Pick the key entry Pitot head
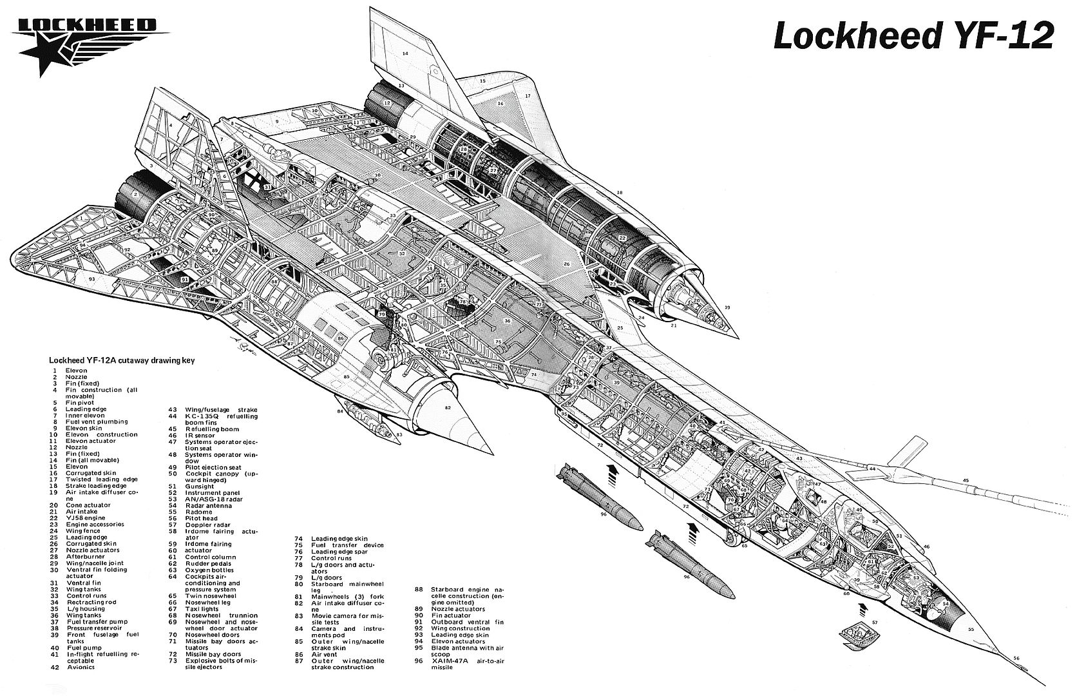tap(202, 518)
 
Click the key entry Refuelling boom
tap(213, 429)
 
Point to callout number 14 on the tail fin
tap(406, 53)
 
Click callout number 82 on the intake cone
tap(448, 408)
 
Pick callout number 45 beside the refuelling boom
tap(966, 480)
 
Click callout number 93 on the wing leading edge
tap(92, 279)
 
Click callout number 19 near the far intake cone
tap(727, 307)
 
